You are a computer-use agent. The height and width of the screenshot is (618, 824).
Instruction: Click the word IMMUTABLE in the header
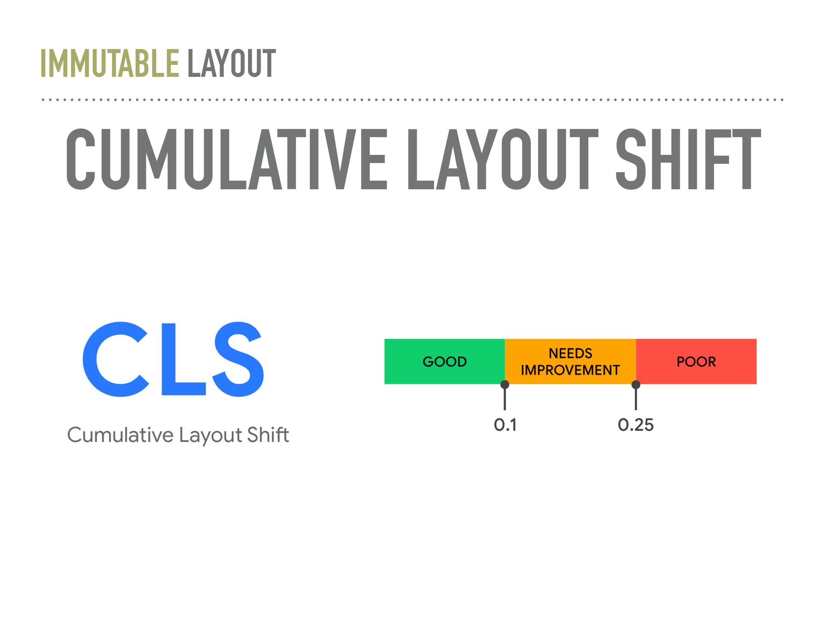click(109, 64)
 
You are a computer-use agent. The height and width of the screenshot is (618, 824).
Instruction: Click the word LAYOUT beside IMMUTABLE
click(231, 64)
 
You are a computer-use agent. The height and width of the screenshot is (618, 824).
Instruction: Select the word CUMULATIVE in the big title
click(227, 159)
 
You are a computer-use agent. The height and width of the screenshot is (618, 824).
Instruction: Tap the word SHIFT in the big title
click(688, 159)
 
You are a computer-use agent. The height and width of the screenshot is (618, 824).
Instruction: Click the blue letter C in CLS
click(115, 359)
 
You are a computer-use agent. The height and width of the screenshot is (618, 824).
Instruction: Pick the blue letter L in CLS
click(183, 359)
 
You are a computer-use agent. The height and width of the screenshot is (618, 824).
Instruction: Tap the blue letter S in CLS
click(238, 359)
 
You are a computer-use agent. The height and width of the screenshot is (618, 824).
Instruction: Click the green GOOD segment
click(445, 361)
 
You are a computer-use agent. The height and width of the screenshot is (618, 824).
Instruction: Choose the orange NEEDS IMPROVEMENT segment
click(570, 361)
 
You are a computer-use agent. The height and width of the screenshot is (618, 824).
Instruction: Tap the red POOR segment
click(696, 361)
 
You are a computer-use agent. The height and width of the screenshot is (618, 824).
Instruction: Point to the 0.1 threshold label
click(505, 425)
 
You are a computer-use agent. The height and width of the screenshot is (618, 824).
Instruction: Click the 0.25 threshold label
click(636, 425)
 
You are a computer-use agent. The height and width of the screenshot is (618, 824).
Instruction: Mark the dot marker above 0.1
click(505, 385)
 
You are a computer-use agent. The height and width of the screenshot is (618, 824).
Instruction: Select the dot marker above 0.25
click(636, 385)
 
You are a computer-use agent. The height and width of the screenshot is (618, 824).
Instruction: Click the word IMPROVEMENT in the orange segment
click(570, 370)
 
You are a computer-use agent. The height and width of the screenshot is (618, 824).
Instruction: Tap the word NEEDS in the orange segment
click(570, 353)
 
